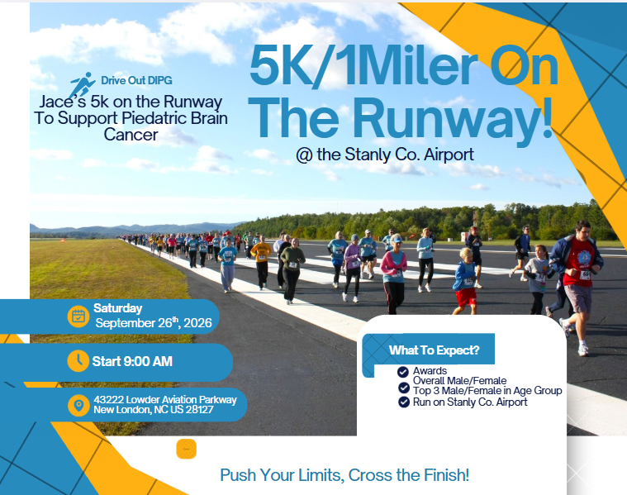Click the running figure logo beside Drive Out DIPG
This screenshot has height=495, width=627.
pos(82,85)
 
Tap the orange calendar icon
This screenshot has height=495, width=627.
pos(78,317)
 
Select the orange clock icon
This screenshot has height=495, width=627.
pos(78,360)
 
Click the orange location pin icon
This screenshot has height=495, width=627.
pos(78,406)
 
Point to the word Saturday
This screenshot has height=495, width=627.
pos(117,308)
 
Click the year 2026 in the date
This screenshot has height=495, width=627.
pos(197,323)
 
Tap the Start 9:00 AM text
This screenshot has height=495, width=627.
pos(132,361)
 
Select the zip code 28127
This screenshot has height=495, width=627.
pos(200,409)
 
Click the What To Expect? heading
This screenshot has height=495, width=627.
pos(435,350)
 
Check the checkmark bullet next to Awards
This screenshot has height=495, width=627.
pos(403,372)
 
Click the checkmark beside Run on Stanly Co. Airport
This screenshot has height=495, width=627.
pos(404,402)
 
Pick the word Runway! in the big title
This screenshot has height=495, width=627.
pos(453,117)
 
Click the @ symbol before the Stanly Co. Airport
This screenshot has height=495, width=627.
pos(304,155)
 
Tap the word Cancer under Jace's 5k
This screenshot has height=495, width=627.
pos(131,135)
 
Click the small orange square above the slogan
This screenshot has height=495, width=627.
pos(187,449)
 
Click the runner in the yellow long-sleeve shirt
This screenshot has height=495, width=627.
pos(262,262)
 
